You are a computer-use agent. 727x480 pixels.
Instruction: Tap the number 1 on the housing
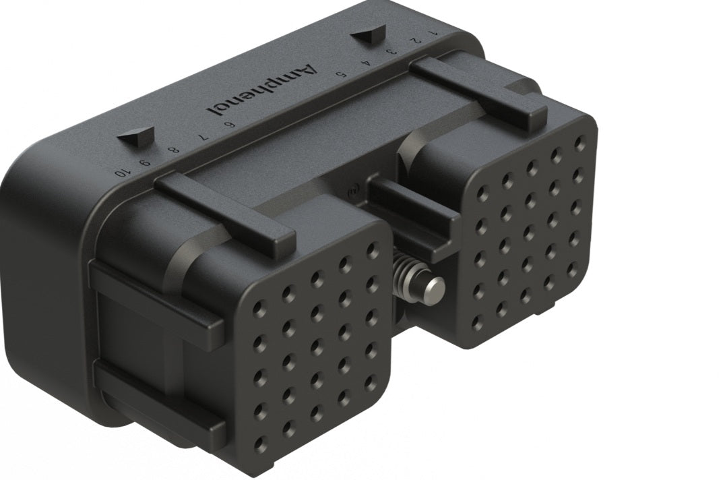click(434, 32)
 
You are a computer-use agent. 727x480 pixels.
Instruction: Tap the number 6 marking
click(229, 124)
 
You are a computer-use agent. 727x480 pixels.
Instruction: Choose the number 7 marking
click(199, 137)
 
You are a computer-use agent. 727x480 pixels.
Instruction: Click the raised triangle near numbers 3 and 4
click(369, 34)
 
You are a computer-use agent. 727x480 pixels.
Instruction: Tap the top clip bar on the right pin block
click(478, 94)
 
